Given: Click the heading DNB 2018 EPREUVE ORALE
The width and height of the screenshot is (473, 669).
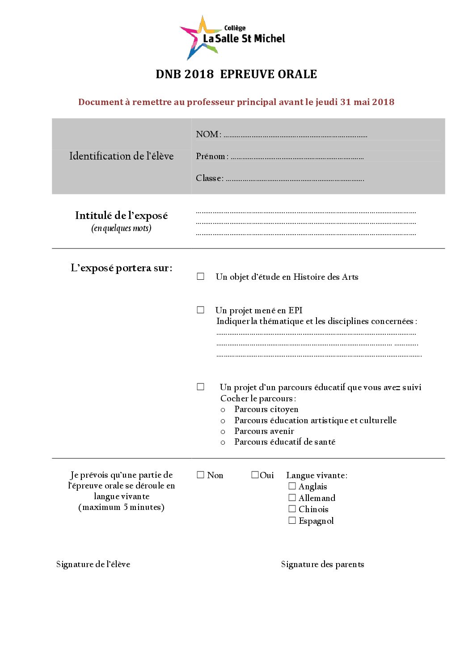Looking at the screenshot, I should [236, 74].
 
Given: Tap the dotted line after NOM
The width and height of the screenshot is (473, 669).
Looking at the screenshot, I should [295, 135].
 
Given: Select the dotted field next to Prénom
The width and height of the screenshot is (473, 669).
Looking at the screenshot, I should [297, 157].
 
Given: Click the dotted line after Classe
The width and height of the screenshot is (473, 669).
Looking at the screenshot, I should [295, 179].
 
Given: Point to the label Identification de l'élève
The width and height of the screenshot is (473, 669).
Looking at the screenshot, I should [121, 156].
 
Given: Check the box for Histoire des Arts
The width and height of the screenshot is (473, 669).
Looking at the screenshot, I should [201, 277].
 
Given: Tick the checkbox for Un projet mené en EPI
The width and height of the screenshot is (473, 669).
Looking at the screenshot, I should [201, 310].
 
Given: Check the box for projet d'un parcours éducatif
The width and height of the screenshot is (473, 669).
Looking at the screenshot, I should [201, 387].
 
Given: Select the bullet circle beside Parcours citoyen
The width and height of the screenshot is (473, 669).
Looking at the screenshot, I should [223, 410].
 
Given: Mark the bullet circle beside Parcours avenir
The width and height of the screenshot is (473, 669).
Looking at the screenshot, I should [223, 432].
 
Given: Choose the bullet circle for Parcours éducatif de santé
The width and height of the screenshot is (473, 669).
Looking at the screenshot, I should [223, 442].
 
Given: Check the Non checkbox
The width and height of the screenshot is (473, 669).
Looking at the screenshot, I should [201, 475].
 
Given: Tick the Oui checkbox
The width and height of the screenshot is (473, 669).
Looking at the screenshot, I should [255, 475].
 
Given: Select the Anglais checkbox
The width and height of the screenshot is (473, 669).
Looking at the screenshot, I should [292, 486].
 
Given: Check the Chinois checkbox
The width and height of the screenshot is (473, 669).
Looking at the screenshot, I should [292, 509].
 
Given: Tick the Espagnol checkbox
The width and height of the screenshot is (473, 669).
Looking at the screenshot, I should [292, 520].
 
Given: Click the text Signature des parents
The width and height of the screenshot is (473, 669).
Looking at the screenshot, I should [322, 564].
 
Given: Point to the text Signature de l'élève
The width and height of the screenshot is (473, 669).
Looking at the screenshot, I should [93, 564].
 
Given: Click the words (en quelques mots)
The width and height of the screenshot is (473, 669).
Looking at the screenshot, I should [121, 228].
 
